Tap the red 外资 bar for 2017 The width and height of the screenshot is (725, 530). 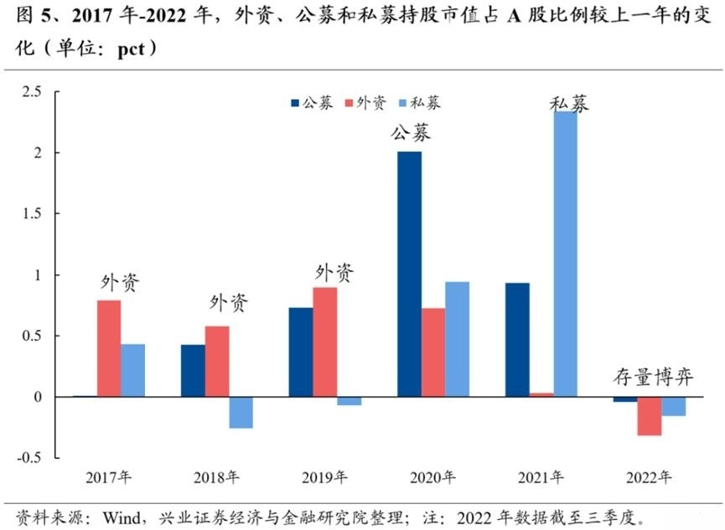(x=108, y=348)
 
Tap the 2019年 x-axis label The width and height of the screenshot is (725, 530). (x=324, y=477)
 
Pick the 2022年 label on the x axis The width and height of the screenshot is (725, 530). (x=649, y=477)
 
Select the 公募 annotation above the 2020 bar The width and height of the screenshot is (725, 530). (x=409, y=132)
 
